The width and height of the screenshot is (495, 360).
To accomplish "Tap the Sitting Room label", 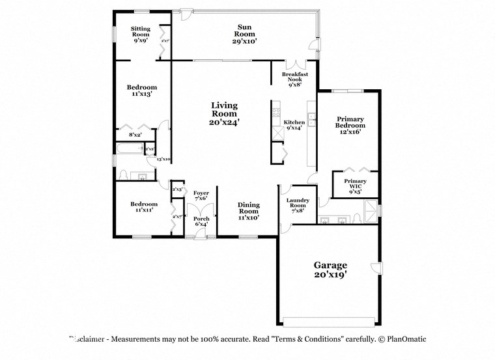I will pyautogui.click(x=140, y=34).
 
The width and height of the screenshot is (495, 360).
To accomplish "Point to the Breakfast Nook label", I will pyautogui.click(x=296, y=79).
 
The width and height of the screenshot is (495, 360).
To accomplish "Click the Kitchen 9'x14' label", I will pyautogui.click(x=294, y=125).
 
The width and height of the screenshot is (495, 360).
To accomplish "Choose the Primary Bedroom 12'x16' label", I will pyautogui.click(x=350, y=125).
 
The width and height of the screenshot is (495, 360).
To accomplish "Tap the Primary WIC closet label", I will pyautogui.click(x=355, y=186).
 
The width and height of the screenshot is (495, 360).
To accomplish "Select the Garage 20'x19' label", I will pyautogui.click(x=330, y=270).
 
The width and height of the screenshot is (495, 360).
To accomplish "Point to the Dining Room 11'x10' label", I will pyautogui.click(x=248, y=210).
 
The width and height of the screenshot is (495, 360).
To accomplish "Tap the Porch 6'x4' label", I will pyautogui.click(x=201, y=221).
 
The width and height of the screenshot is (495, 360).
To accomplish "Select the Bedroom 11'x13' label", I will pyautogui.click(x=141, y=90).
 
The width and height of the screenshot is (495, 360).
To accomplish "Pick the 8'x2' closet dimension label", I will pyautogui.click(x=135, y=135).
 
